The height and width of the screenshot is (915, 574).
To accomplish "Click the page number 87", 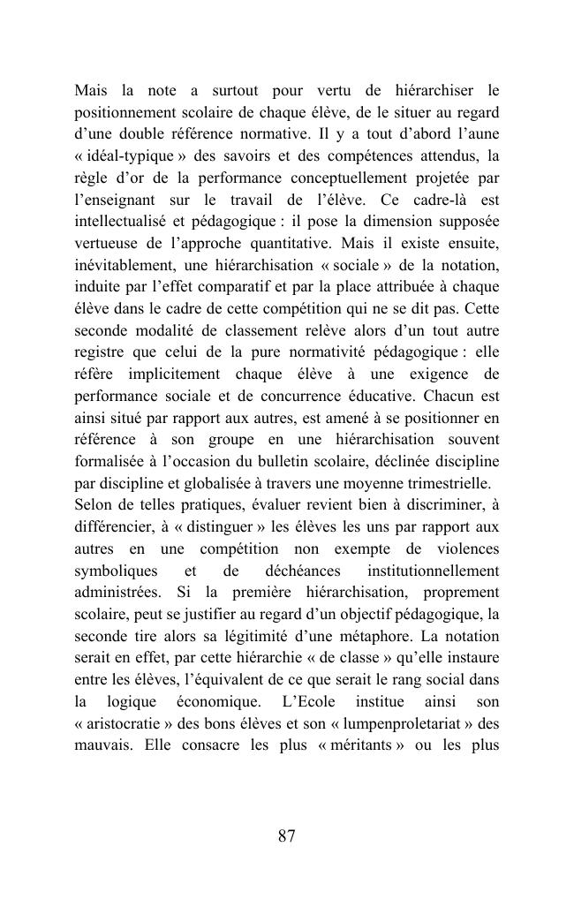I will (x=286, y=836).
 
